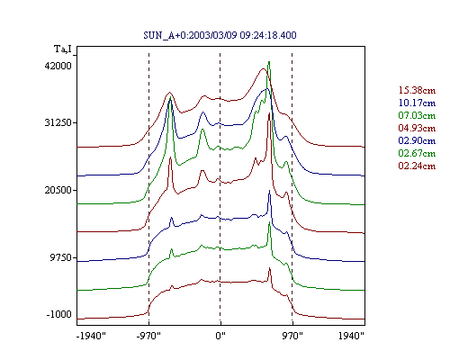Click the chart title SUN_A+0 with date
click(x=220, y=35)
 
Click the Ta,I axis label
click(x=63, y=49)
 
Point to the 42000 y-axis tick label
click(x=58, y=66)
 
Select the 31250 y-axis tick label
click(x=58, y=122)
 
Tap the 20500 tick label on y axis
click(x=58, y=190)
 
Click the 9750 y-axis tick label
click(x=61, y=257)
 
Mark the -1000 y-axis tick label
click(x=59, y=314)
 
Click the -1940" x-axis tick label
click(x=91, y=336)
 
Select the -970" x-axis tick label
click(x=148, y=336)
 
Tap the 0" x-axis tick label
click(x=220, y=336)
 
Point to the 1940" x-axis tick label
click(x=351, y=336)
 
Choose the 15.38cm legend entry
click(x=417, y=90)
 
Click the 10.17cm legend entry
click(x=417, y=103)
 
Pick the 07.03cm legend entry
click(x=417, y=115)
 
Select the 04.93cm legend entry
click(x=417, y=128)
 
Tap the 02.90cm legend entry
click(x=417, y=140)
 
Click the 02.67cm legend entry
click(x=417, y=153)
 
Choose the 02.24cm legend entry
click(x=417, y=166)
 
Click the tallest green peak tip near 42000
click(x=269, y=62)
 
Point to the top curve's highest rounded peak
click(x=263, y=68)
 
